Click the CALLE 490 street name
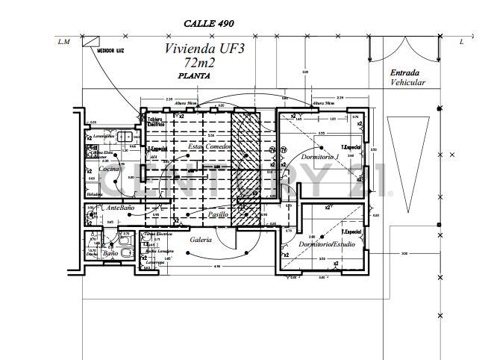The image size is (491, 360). click(209, 24)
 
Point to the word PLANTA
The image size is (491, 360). click(194, 76)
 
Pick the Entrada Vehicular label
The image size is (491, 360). click(408, 78)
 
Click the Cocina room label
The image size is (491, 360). click(109, 170)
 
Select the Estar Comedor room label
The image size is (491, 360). click(209, 147)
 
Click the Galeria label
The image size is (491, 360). click(201, 240)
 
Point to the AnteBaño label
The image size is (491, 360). click(120, 207)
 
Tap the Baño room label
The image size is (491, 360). click(110, 254)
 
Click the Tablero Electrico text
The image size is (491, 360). click(155, 122)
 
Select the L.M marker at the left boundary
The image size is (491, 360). click(63, 42)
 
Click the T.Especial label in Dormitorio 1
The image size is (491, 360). click(351, 146)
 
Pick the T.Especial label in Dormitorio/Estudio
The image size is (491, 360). click(351, 232)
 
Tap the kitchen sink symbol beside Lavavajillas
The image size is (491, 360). click(125, 137)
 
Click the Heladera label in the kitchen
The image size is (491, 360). click(94, 194)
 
